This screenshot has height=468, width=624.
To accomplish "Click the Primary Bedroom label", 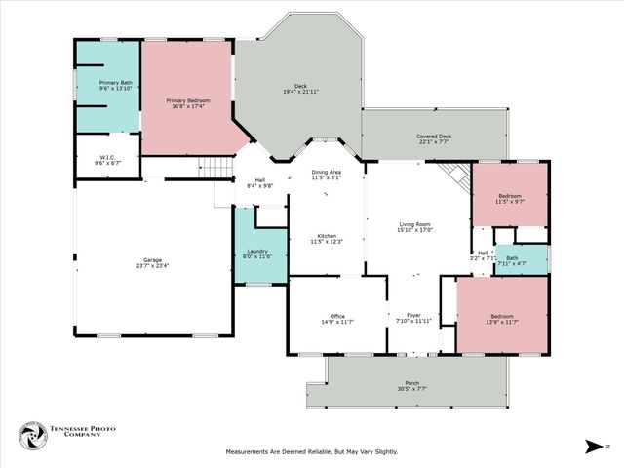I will tap(188, 100).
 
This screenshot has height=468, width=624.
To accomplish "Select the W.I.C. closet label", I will tap(107, 157).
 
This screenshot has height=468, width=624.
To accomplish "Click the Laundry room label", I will tap(257, 252).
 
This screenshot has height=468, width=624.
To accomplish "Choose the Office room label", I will tap(337, 316).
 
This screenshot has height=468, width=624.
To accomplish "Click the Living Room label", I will tap(414, 225).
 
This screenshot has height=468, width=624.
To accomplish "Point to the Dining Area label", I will tap(326, 173).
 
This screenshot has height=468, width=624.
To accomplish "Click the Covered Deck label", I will tap(434, 136).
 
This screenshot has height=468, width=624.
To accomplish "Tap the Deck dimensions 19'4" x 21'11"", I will tap(300, 92).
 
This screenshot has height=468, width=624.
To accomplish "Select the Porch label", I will tap(412, 383).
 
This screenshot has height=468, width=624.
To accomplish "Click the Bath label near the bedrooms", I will tap(512, 257).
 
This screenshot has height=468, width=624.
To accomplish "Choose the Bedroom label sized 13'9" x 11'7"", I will tap(502, 316).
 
